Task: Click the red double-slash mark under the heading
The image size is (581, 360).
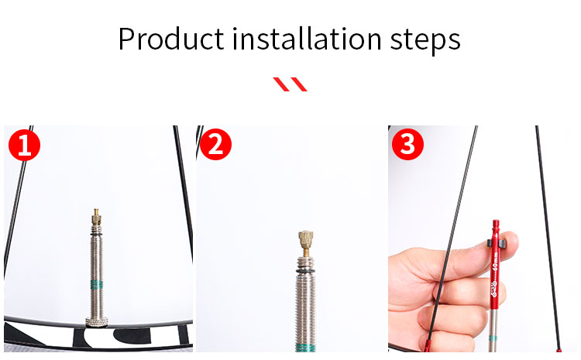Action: point(290,84)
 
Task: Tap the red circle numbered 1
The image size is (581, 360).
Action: point(25,145)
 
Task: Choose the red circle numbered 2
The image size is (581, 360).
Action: point(216,145)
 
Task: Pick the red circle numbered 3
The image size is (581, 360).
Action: point(408,145)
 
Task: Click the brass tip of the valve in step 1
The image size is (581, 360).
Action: point(95,214)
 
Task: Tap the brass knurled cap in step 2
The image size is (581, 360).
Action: point(304,242)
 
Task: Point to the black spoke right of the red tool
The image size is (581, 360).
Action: point(546,232)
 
